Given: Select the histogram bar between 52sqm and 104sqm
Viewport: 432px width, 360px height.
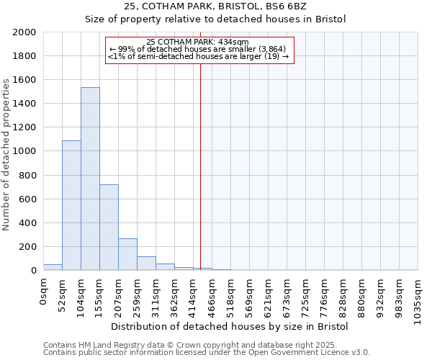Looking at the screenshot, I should click(x=71, y=205).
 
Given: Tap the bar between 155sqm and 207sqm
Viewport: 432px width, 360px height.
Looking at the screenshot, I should click(x=109, y=227).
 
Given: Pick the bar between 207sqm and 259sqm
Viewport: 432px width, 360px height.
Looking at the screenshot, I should click(x=127, y=254).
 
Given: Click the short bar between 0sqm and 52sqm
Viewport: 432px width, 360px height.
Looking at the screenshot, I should click(x=53, y=267).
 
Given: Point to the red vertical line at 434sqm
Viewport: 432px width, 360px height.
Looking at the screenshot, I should click(x=200, y=158).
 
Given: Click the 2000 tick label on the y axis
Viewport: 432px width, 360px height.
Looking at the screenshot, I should click(x=24, y=32).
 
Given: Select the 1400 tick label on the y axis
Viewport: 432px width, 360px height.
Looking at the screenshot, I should click(x=24, y=104).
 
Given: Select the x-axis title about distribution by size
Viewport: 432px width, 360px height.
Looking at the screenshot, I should click(x=230, y=326).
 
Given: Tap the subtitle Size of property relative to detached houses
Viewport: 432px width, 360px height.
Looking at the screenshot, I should click(x=216, y=19).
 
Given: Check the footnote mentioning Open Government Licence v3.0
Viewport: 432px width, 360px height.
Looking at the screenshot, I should click(x=207, y=353).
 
